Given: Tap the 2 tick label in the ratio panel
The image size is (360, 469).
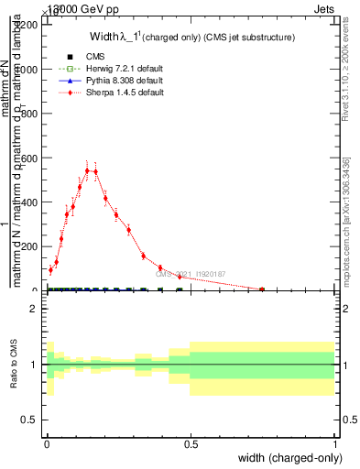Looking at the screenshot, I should click(x=34, y=309).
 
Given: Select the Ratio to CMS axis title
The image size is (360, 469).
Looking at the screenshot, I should click(x=14, y=364).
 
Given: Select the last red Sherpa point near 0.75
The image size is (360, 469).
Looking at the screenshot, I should click(x=262, y=289).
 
